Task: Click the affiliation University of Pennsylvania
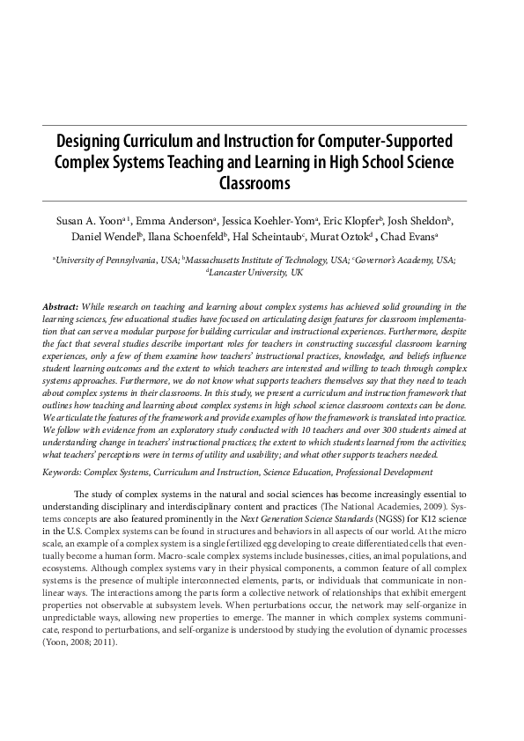pos(107,261)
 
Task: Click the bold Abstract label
pos(61,304)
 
